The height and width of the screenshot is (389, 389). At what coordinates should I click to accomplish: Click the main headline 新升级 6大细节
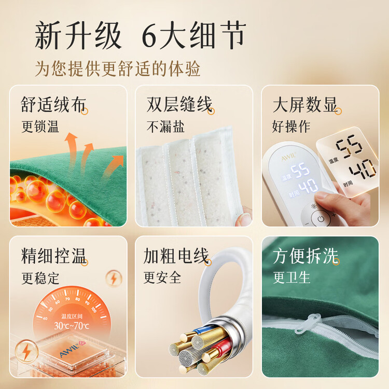click(141, 35)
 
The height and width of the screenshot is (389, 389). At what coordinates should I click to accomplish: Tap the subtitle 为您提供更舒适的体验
click(117, 68)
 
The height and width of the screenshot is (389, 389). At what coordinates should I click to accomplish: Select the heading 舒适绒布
click(53, 104)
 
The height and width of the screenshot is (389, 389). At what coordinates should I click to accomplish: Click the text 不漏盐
click(165, 127)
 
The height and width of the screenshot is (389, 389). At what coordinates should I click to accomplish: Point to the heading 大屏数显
click(305, 104)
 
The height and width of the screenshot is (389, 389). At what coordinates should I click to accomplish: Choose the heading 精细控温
click(53, 256)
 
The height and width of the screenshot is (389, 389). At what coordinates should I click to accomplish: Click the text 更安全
click(162, 277)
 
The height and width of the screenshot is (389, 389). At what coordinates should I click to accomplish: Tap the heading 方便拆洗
click(305, 256)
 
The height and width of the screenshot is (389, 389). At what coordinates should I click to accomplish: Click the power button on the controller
click(321, 219)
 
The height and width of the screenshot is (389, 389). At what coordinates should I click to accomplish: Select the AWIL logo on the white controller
click(288, 157)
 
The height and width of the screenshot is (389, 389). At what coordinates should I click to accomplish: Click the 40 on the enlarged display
click(363, 169)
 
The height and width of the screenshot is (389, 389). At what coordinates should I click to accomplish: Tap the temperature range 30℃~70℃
click(72, 326)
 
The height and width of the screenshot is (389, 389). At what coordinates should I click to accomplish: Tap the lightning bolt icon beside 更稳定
click(114, 279)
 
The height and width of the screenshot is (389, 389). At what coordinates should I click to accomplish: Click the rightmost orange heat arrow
click(113, 166)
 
